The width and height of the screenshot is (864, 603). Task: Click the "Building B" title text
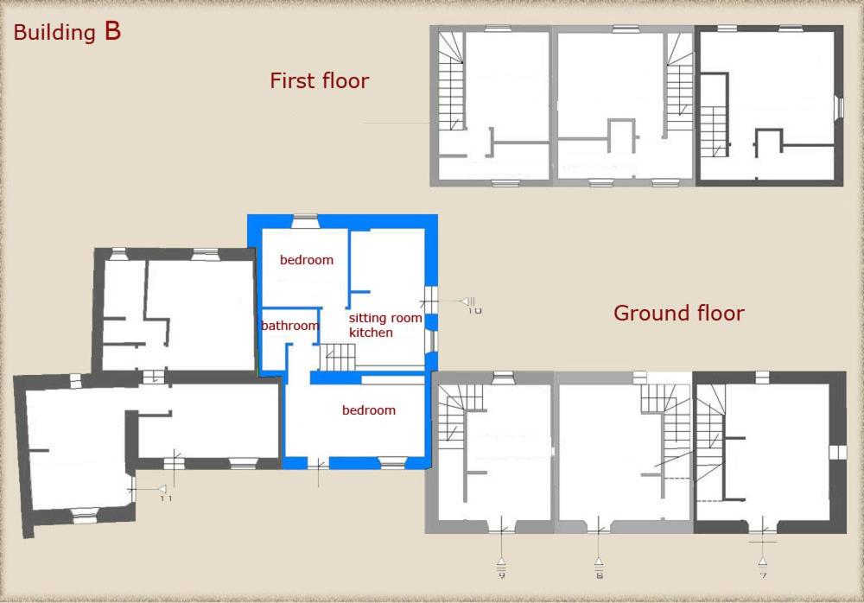tap(67, 32)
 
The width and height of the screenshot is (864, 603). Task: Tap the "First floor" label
tap(319, 81)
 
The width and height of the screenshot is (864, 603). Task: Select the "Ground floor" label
tap(678, 313)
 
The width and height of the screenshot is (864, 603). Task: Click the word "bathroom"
tap(289, 326)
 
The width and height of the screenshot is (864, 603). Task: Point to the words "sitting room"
tap(385, 318)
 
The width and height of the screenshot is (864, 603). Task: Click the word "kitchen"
tap(371, 333)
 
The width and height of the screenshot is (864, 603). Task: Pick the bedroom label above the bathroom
tap(307, 260)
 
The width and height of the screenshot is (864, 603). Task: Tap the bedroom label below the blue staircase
tap(369, 410)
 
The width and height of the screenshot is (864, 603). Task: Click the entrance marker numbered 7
tap(763, 568)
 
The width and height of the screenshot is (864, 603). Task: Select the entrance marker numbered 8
tap(599, 568)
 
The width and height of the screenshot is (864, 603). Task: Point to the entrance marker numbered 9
tap(501, 568)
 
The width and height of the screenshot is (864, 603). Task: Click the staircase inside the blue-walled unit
tap(338, 357)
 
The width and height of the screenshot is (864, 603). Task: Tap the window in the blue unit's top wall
tap(305, 221)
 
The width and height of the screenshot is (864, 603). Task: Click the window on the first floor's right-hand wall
tap(839, 107)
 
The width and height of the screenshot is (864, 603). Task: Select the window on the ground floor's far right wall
tap(837, 452)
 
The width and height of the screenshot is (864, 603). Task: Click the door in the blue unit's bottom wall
tap(318, 464)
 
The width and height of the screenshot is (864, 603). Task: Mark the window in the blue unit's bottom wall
tap(393, 463)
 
